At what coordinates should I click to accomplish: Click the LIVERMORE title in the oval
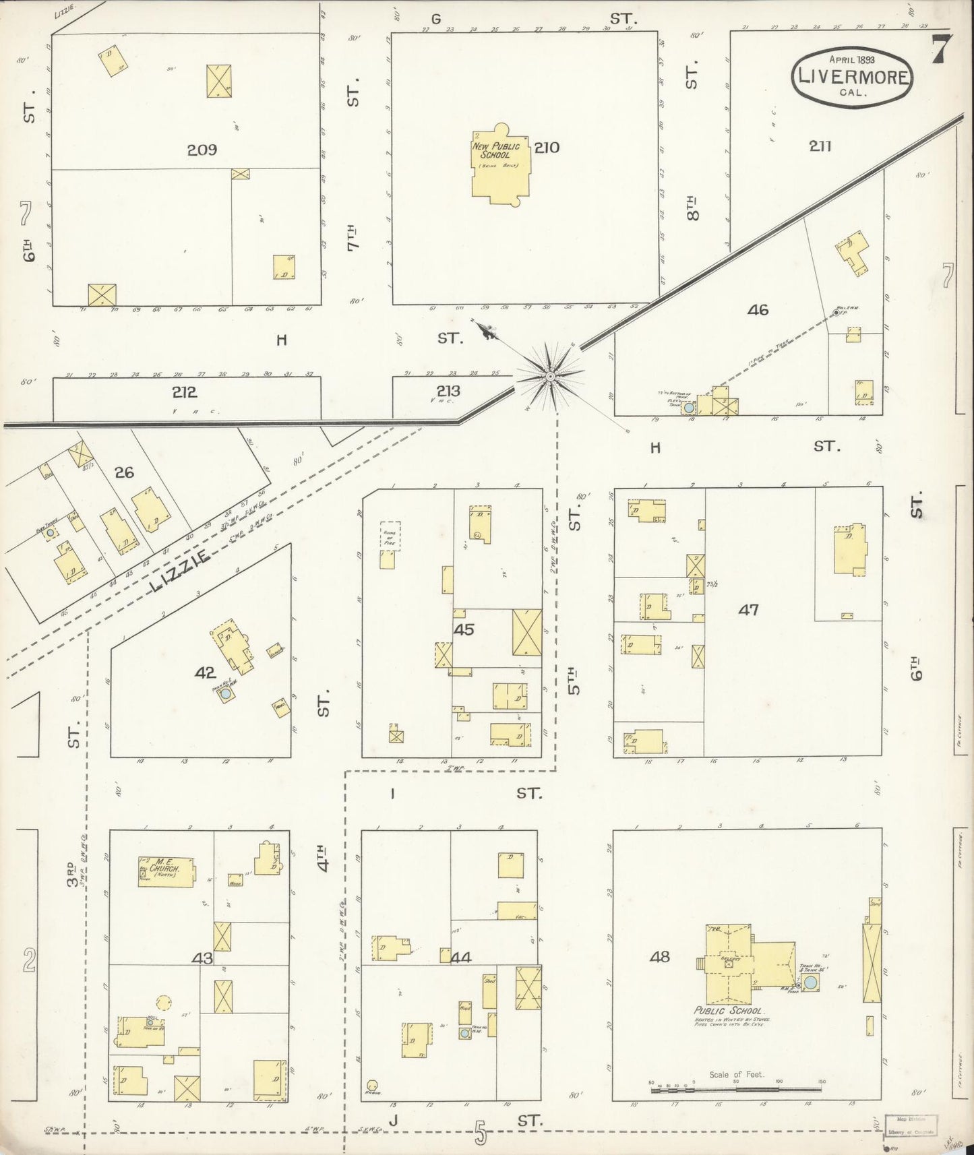tap(853, 76)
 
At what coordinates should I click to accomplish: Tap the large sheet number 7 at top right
tap(941, 49)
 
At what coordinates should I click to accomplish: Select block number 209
tap(202, 150)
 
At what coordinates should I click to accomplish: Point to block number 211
tap(821, 146)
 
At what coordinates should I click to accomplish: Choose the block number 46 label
tap(758, 310)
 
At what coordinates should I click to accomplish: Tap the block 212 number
tap(183, 392)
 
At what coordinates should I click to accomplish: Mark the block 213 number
tap(448, 391)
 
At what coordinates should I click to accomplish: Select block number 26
tap(124, 472)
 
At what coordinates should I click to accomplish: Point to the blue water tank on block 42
tap(226, 693)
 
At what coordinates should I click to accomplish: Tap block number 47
tap(748, 610)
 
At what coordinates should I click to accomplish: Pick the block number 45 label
tap(464, 630)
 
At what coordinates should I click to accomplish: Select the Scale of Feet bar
tap(736, 1087)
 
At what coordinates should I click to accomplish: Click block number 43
tap(203, 959)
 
